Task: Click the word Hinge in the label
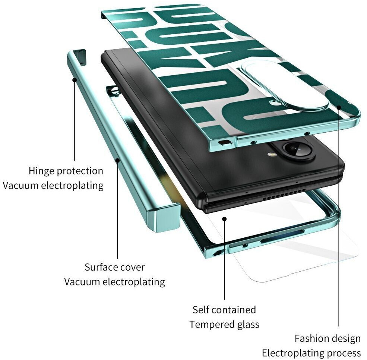41,171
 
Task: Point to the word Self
202,310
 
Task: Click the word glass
247,324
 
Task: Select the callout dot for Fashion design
339,107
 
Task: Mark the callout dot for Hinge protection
75,79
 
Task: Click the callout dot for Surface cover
117,160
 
